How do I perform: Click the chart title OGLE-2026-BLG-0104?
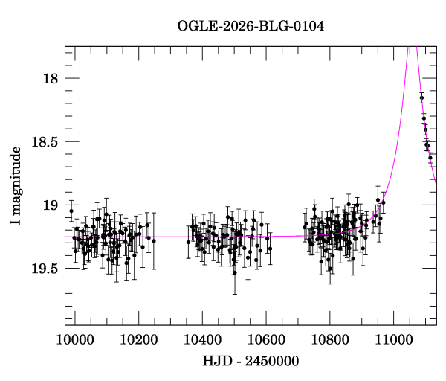pyautogui.click(x=251, y=26)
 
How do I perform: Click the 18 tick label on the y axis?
pyautogui.click(x=51, y=78)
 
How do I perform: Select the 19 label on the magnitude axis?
pyautogui.click(x=51, y=205)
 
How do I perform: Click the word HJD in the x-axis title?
pyautogui.click(x=217, y=362)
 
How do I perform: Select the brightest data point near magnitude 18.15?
pyautogui.click(x=421, y=97)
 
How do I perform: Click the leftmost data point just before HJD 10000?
pyautogui.click(x=71, y=211)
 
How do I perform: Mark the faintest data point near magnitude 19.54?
pyautogui.click(x=234, y=272)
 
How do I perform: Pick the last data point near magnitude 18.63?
pyautogui.click(x=430, y=158)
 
